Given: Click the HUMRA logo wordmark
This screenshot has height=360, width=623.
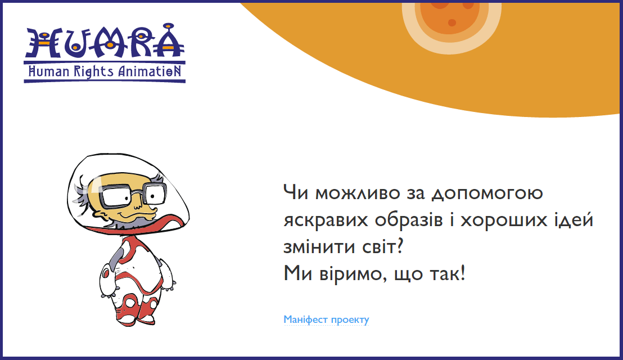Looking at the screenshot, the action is point(105,40).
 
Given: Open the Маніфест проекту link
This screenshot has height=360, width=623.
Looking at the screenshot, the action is point(326,319).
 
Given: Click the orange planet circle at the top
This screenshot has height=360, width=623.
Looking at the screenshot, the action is point(452,18).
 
